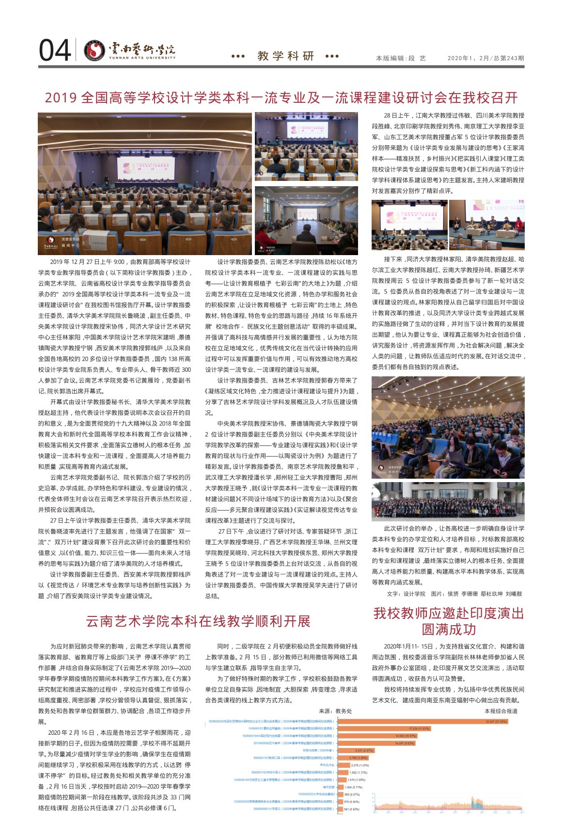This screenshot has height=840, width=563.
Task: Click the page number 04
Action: (x=55, y=50)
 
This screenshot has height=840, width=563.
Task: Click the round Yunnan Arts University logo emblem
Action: (x=94, y=50)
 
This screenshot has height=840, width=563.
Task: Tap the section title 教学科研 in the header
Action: (x=286, y=56)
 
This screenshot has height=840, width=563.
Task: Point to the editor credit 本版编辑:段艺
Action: (x=401, y=58)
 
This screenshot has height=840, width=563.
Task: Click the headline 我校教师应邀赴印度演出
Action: (x=448, y=614)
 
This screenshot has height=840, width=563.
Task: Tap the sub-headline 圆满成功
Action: (x=448, y=630)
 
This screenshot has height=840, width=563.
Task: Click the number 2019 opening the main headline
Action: (x=61, y=98)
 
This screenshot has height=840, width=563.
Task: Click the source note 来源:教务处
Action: (x=335, y=711)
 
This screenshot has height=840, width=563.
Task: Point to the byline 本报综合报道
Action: (x=500, y=711)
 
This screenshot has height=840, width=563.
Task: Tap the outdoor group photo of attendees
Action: (x=448, y=501)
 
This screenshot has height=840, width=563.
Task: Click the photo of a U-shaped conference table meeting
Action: (x=306, y=220)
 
